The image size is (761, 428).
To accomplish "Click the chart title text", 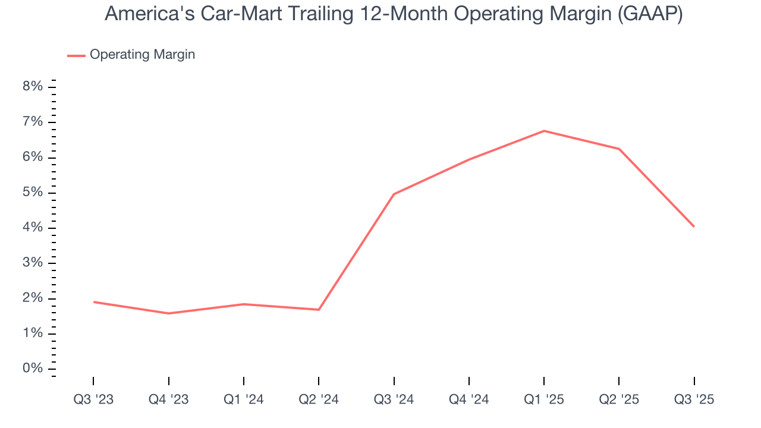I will [393, 14].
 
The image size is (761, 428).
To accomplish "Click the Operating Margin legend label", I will [142, 55].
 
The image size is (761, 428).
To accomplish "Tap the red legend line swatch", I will [76, 55].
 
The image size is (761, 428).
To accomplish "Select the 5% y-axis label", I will [33, 193].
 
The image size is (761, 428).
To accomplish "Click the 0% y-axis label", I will [33, 369].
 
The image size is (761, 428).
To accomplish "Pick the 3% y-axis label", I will [33, 263].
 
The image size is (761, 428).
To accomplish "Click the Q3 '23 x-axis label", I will [93, 399].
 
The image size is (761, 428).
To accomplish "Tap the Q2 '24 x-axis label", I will [319, 399].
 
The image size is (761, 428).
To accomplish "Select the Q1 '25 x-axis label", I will [544, 399].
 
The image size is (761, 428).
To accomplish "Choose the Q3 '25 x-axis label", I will [694, 399].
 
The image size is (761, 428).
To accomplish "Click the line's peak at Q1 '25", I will [544, 131].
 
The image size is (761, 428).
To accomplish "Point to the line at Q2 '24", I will [319, 309].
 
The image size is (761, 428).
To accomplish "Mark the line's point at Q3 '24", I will [394, 194].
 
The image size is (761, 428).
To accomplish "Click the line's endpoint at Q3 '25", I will [694, 226].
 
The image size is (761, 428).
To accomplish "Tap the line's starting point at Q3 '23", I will [93, 302].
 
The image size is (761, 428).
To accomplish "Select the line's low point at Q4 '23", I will [169, 313].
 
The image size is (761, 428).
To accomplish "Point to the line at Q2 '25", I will [619, 149].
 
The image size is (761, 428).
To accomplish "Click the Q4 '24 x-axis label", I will [469, 399].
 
